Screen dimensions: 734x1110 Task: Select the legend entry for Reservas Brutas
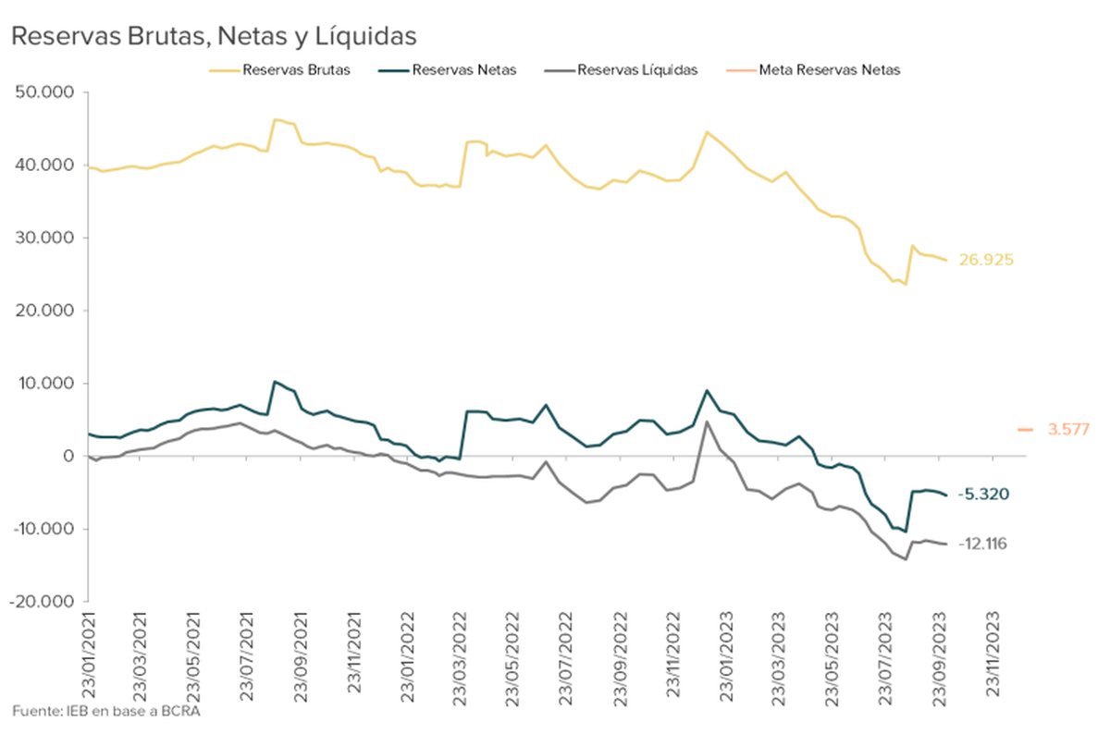[295, 69]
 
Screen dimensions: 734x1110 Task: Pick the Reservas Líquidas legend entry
[635, 69]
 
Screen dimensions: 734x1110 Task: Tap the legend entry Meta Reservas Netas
[828, 69]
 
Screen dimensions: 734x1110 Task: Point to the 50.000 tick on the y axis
[46, 92]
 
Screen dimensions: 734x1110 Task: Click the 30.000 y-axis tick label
[46, 238]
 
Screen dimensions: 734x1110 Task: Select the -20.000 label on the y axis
[43, 601]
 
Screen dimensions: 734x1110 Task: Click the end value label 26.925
[986, 260]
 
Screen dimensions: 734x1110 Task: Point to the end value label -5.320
[983, 495]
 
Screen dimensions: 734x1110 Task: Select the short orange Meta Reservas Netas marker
[1025, 429]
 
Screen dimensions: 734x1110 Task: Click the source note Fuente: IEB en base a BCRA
[106, 711]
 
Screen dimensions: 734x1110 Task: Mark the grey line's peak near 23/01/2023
[707, 422]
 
